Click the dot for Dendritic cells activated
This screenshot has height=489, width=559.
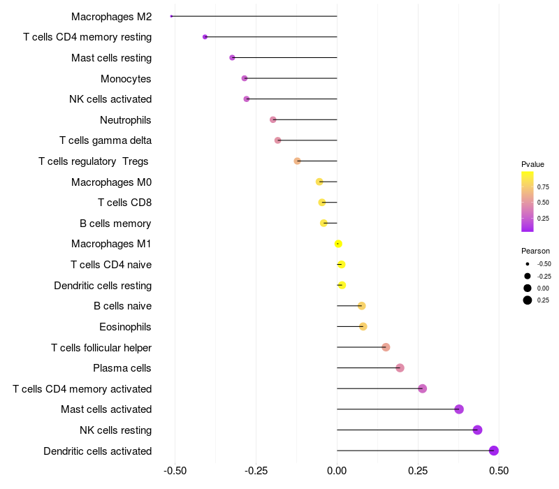point(494,451)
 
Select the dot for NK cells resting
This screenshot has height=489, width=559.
point(477,430)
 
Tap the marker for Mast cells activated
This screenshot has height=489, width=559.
point(459,409)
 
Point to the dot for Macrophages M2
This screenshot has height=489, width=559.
point(171,16)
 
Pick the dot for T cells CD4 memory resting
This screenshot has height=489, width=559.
point(205,37)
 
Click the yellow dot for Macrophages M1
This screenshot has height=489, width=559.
point(338,244)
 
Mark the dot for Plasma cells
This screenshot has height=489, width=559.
point(400,368)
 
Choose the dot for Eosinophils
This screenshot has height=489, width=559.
point(363,326)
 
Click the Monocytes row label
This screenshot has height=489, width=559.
point(126,78)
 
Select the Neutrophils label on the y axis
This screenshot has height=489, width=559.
point(126,120)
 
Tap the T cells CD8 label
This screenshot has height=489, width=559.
point(125,203)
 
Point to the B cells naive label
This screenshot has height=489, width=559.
point(122,306)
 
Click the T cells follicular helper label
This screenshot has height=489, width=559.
point(101,347)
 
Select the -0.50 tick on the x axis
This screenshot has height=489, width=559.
point(175,472)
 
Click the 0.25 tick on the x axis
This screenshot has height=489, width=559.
point(418,472)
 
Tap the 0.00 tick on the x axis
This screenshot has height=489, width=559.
point(337,472)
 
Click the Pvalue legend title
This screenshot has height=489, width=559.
point(532,164)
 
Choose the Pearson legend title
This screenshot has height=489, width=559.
point(535,251)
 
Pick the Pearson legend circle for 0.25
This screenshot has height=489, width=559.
point(528,300)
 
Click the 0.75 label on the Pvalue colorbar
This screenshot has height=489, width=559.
point(543,187)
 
